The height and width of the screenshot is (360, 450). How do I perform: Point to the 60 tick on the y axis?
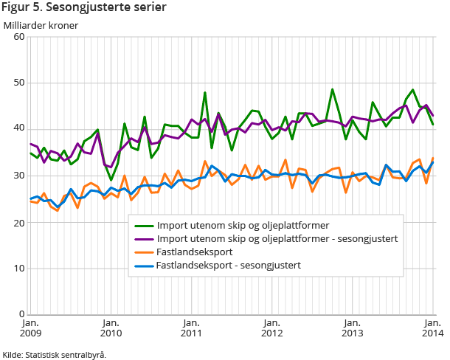click(x=18, y=37)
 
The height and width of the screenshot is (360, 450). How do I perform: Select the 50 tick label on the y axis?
click(x=18, y=83)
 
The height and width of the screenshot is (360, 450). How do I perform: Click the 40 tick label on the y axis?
click(x=18, y=129)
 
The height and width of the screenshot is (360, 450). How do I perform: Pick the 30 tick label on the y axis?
click(x=18, y=176)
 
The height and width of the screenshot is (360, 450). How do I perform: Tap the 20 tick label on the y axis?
click(x=18, y=222)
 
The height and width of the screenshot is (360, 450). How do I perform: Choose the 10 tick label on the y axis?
click(x=18, y=269)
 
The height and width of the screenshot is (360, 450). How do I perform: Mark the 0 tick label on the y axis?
click(x=21, y=315)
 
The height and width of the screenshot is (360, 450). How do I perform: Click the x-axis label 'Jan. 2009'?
click(x=31, y=328)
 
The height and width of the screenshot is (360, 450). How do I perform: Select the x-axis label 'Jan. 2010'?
click(x=111, y=328)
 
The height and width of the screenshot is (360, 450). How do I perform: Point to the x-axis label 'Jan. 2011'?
click(x=191, y=328)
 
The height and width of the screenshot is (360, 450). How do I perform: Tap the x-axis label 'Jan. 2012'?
click(x=271, y=328)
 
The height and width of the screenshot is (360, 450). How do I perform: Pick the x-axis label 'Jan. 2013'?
click(x=352, y=328)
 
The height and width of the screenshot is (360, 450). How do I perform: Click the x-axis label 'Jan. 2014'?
click(x=432, y=328)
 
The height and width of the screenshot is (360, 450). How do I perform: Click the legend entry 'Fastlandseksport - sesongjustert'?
click(x=229, y=265)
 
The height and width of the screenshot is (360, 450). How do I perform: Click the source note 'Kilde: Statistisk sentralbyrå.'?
click(x=55, y=354)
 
